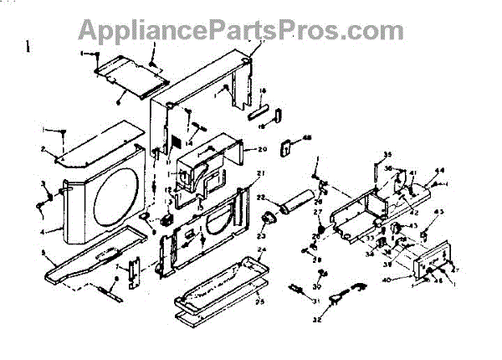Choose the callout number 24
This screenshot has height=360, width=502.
[x=262, y=250]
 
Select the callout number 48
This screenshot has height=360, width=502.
[x=306, y=138]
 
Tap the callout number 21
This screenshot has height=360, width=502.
[x=260, y=173]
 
